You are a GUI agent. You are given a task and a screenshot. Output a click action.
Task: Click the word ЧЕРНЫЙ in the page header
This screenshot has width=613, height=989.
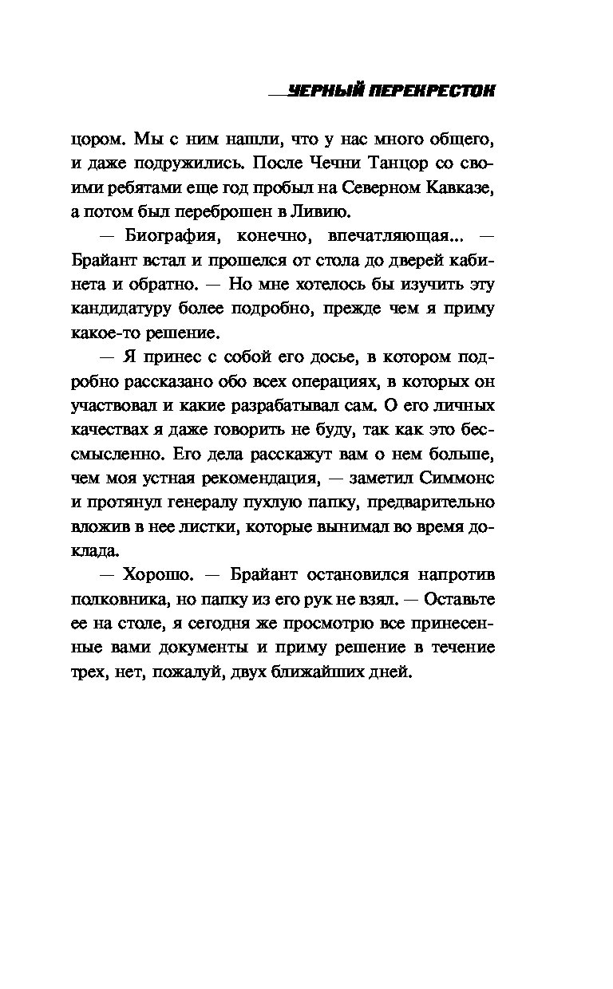(x=326, y=92)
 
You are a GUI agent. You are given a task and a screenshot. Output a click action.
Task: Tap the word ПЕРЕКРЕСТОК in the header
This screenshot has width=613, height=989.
(x=432, y=92)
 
